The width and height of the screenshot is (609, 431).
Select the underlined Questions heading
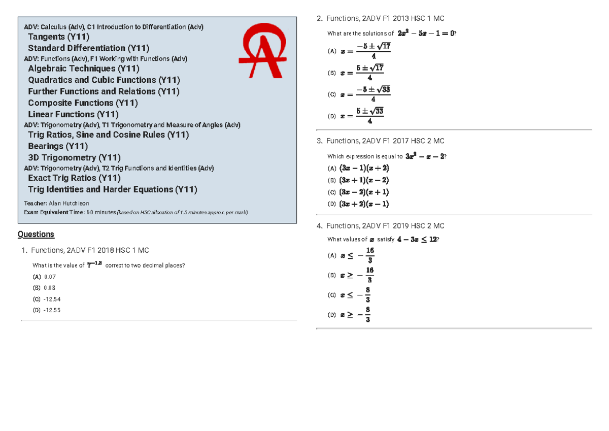[x=36, y=234]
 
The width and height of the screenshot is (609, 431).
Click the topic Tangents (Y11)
[x=59, y=37]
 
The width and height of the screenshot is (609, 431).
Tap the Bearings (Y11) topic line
[x=58, y=146]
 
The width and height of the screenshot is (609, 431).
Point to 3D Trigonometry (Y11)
[x=74, y=157]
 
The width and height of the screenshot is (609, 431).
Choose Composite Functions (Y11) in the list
[x=83, y=103]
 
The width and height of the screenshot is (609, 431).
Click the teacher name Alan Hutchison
[x=71, y=204]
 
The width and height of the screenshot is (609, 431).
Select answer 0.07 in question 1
[x=50, y=277]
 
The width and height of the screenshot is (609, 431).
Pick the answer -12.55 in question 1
[x=52, y=310]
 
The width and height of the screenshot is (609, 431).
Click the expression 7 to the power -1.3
[x=95, y=264]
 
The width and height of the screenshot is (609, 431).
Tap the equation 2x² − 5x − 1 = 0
[x=426, y=34]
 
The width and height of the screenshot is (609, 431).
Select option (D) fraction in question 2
[x=369, y=116]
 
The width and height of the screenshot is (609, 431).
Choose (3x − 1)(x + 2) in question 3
[x=364, y=168]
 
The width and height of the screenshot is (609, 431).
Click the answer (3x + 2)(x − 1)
[x=364, y=204]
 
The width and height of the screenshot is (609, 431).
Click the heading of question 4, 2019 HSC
[x=385, y=226]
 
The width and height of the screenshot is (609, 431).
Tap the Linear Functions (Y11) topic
[x=73, y=114]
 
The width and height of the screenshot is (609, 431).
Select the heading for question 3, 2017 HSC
[x=385, y=141]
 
